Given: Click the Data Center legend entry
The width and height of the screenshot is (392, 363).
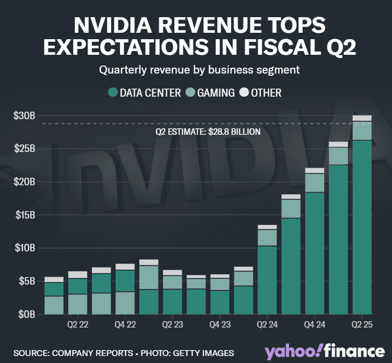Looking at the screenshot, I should [145, 93].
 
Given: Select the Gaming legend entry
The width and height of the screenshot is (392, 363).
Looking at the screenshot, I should [210, 93].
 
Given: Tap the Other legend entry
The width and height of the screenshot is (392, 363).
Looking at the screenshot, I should [260, 93].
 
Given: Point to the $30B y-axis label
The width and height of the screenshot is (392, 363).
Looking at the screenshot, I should [24, 115].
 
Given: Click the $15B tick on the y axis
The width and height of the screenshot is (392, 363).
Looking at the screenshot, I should [24, 215].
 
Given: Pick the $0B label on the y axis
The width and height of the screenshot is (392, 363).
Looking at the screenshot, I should [26, 314].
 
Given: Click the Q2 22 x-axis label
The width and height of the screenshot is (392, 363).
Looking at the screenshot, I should [77, 325].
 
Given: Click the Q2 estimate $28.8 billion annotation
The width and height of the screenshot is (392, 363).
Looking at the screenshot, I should [208, 132].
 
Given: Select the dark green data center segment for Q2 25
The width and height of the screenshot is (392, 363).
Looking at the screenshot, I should [362, 226].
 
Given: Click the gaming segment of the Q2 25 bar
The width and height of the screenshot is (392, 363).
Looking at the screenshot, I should [362, 130].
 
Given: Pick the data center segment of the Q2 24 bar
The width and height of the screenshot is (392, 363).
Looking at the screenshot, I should [267, 279].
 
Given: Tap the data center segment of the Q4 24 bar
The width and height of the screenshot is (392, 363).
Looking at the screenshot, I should [315, 252].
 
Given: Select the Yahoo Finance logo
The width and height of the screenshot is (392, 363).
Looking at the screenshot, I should [324, 352].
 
